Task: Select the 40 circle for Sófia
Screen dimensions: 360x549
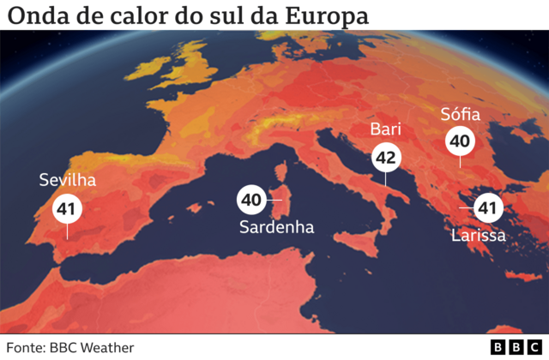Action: pos(459,141)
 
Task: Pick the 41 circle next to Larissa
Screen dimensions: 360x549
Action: pos(488,207)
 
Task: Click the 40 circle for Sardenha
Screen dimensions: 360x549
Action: pos(250,200)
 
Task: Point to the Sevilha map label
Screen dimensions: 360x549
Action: pos(67,180)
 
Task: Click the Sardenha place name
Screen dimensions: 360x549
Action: pos(276,228)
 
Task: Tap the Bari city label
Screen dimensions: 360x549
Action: pos(385,129)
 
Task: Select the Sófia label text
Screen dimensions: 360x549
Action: pos(460,114)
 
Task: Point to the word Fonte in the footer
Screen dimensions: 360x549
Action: pos(26,347)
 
